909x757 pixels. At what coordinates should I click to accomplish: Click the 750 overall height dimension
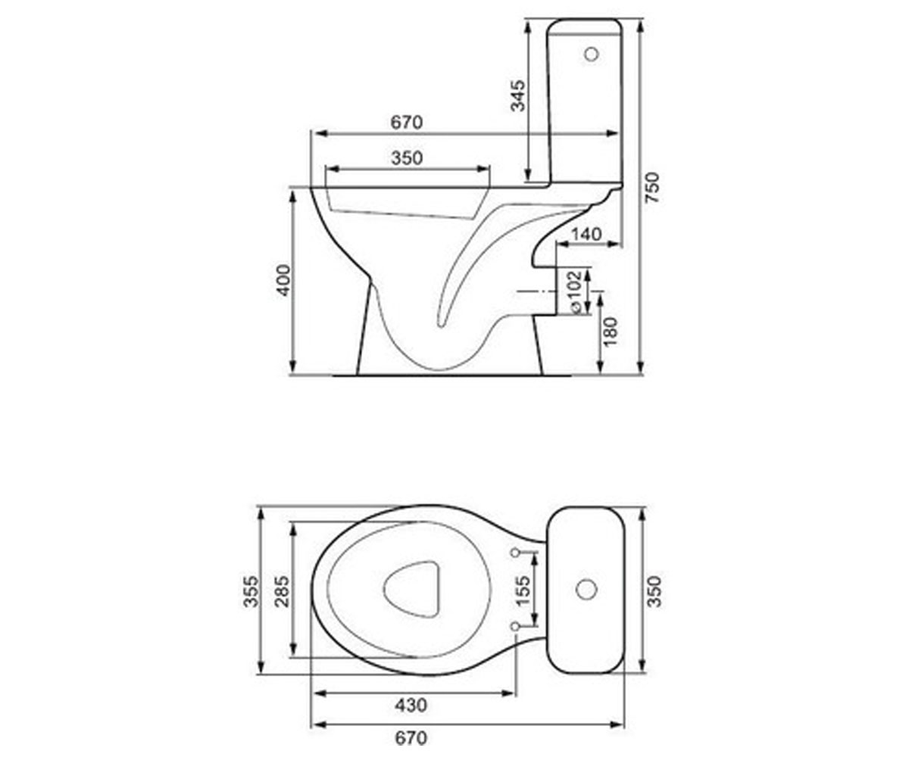click(652, 187)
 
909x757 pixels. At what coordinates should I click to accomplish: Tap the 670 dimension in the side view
click(406, 122)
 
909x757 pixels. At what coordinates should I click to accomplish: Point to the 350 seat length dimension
click(407, 158)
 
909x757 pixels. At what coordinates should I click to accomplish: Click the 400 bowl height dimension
click(283, 281)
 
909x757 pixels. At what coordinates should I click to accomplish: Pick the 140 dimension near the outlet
click(586, 235)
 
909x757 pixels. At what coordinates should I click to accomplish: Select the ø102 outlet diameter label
click(575, 291)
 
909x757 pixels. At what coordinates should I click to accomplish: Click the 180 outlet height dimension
click(611, 332)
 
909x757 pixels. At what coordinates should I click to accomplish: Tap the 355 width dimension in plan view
click(251, 591)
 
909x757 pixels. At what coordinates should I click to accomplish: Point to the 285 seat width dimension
click(282, 591)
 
